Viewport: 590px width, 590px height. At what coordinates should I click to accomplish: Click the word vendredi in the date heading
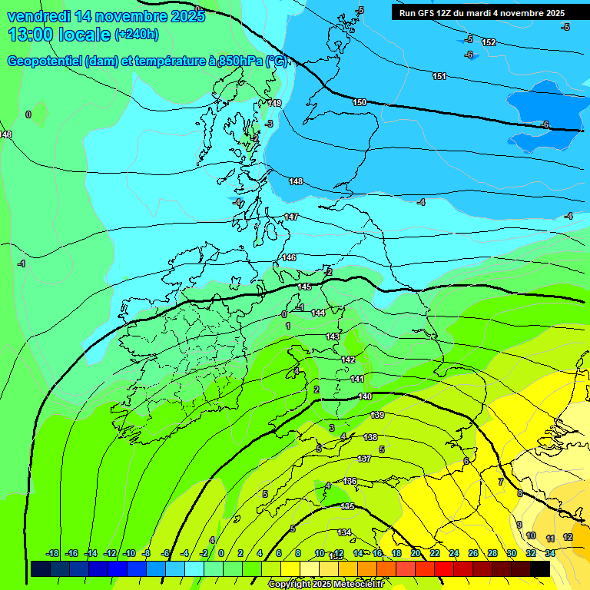(39, 15)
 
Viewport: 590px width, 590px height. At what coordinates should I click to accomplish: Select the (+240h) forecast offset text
(137, 35)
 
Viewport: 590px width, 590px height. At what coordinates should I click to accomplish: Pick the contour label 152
(489, 42)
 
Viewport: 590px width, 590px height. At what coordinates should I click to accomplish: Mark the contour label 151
(439, 76)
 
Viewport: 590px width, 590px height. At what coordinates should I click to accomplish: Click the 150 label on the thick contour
(360, 102)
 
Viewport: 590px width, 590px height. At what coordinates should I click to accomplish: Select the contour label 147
(291, 217)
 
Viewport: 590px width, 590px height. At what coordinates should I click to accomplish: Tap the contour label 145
(304, 287)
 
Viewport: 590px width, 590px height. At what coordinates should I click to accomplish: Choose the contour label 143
(333, 337)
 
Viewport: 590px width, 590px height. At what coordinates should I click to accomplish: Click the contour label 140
(365, 397)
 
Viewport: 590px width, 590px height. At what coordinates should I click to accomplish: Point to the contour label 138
(370, 437)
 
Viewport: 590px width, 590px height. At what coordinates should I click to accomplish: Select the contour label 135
(348, 507)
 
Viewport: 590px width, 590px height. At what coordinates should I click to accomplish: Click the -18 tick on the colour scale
(52, 553)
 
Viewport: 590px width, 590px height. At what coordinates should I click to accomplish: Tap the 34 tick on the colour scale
(550, 553)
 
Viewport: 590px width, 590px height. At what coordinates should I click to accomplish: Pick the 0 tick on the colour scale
(220, 553)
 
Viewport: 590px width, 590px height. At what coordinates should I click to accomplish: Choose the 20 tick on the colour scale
(415, 553)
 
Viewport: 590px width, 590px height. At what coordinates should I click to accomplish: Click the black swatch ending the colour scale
(540, 568)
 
